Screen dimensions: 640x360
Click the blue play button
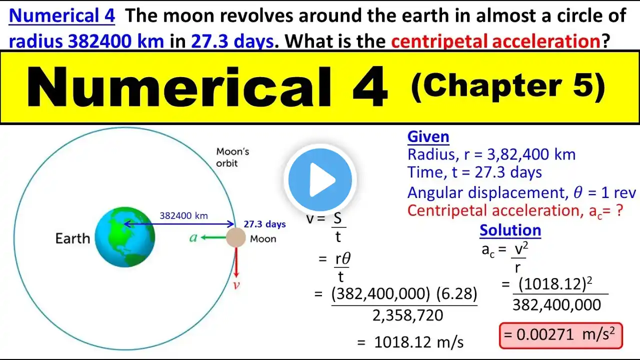click(320, 179)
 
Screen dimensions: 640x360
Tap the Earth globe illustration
click(125, 237)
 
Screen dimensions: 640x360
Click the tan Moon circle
click(235, 237)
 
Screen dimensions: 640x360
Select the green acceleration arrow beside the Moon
click(213, 237)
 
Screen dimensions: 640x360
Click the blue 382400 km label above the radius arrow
click(183, 215)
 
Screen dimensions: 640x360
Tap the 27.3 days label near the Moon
click(264, 224)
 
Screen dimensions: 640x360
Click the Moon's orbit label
click(232, 157)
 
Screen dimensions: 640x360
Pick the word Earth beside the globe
click(72, 238)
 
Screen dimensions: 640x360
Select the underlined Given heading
click(428, 136)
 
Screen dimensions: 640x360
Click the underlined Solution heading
click(510, 230)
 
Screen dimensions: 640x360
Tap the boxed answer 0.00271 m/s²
click(561, 335)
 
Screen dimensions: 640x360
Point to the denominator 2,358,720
click(407, 315)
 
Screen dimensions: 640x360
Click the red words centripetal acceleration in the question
click(495, 41)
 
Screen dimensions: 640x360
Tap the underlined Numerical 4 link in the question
click(62, 15)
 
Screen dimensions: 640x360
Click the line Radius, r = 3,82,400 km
click(491, 154)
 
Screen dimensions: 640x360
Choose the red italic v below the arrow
click(236, 285)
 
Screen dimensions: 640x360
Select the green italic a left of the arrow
click(193, 237)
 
